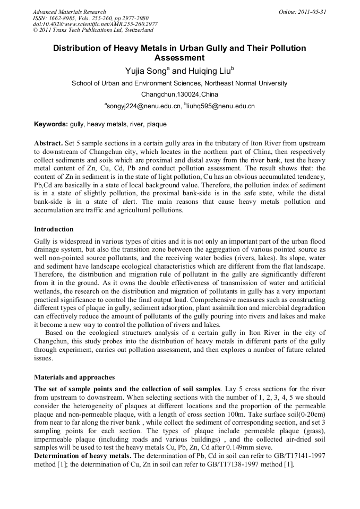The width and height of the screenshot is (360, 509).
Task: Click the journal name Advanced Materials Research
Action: tap(69, 12)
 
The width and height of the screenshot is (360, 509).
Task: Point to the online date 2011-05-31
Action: tap(302, 12)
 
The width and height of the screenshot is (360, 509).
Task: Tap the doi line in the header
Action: tap(95, 24)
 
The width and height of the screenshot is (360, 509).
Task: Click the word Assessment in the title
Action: tap(179, 57)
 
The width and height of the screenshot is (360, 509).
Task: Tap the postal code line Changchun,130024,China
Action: tap(179, 94)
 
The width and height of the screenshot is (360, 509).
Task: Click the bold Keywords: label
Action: tap(51, 125)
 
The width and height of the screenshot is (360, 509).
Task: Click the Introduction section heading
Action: tap(54, 229)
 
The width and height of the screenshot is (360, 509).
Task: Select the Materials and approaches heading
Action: tap(74, 377)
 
